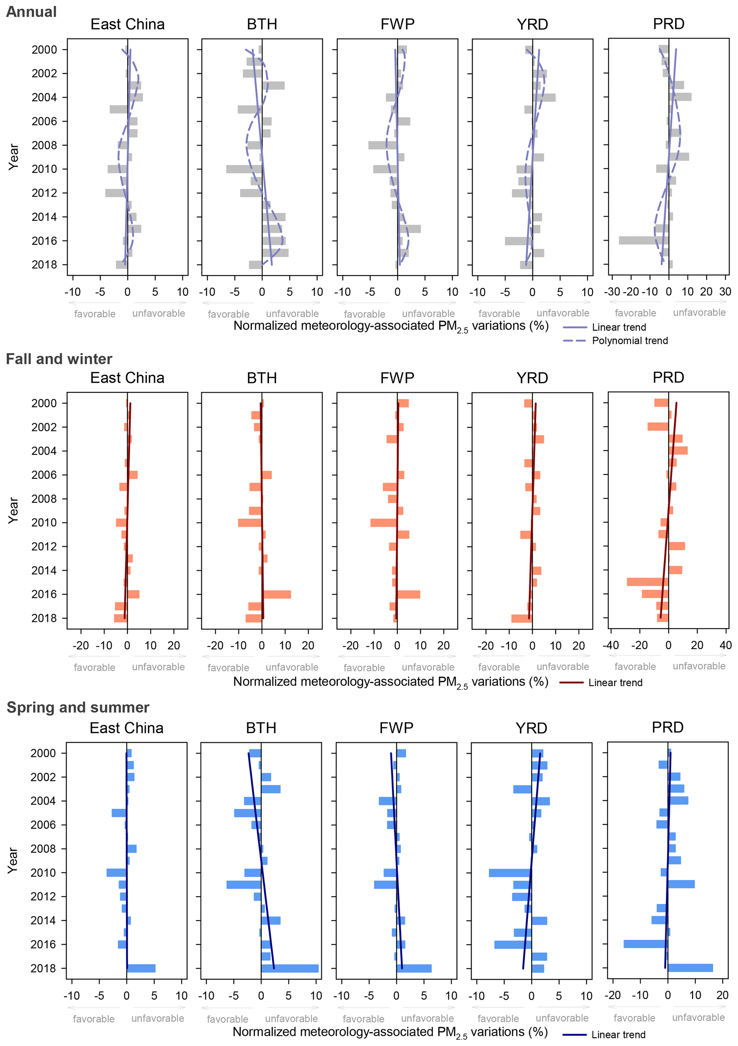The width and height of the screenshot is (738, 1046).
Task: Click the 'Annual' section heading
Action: click(31, 12)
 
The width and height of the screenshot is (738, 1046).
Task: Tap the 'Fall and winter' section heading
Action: click(59, 359)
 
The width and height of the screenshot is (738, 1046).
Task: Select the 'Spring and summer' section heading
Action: click(78, 707)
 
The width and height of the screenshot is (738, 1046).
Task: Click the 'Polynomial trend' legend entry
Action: click(629, 341)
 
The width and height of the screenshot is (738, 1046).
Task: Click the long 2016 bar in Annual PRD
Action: click(643, 240)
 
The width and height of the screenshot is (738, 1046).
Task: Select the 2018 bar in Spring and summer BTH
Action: click(290, 968)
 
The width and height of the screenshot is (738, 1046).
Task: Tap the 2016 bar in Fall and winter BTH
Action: click(276, 594)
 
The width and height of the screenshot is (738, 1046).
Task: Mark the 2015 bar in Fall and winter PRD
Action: click(647, 582)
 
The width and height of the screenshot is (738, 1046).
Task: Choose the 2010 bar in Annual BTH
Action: click(244, 169)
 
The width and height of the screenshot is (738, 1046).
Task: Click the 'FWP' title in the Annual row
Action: click(397, 24)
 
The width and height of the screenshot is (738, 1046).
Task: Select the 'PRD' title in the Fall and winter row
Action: click(668, 378)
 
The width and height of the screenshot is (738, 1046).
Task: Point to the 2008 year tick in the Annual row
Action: click(44, 145)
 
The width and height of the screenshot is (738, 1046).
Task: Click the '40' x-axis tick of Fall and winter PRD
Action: click(725, 646)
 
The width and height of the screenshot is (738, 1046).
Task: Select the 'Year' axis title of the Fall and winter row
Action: click(13, 510)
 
